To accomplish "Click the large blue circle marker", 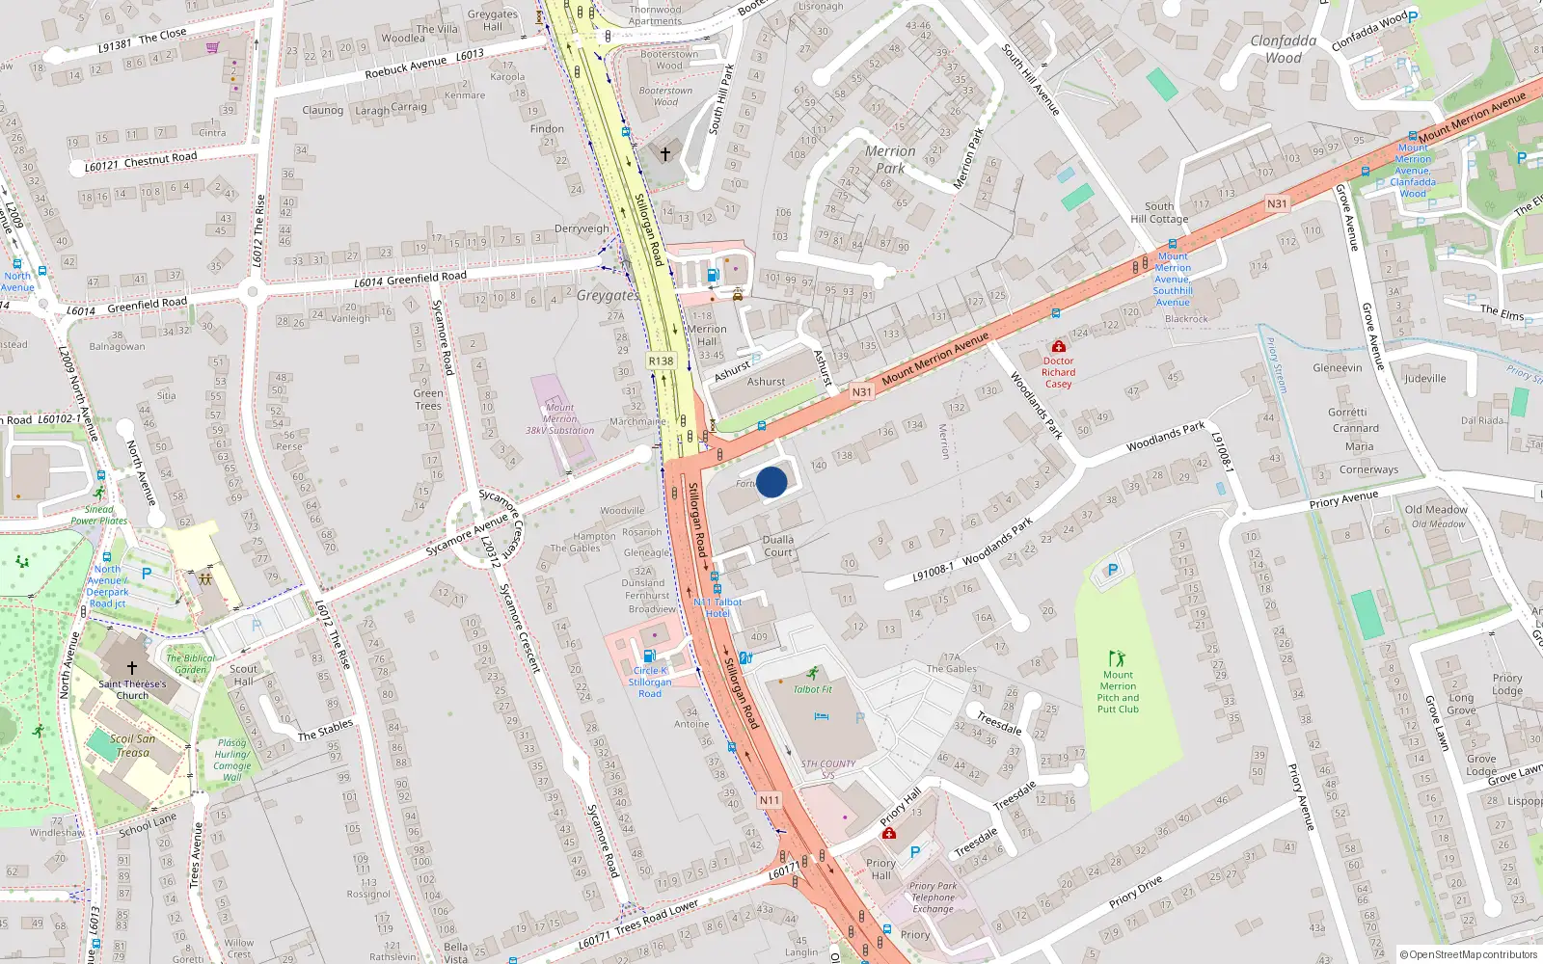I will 771,482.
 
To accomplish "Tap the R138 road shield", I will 661,361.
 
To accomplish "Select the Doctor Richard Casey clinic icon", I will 1058,346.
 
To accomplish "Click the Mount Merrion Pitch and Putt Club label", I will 1118,692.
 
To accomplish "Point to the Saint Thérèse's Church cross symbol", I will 132,667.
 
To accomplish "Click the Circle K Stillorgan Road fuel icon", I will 649,656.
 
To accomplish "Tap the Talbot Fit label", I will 812,689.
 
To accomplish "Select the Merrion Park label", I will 890,159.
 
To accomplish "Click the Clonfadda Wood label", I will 1283,49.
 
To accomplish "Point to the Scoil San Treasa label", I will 133,745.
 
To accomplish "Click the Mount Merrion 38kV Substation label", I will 559,419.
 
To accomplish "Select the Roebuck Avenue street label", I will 406,67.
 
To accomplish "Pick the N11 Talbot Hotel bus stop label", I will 717,607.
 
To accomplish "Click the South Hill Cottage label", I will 1159,212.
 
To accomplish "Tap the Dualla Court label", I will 778,546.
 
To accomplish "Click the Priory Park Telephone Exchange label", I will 933,897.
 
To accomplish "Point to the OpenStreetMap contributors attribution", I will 1468,954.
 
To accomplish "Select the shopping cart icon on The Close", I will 212,46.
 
